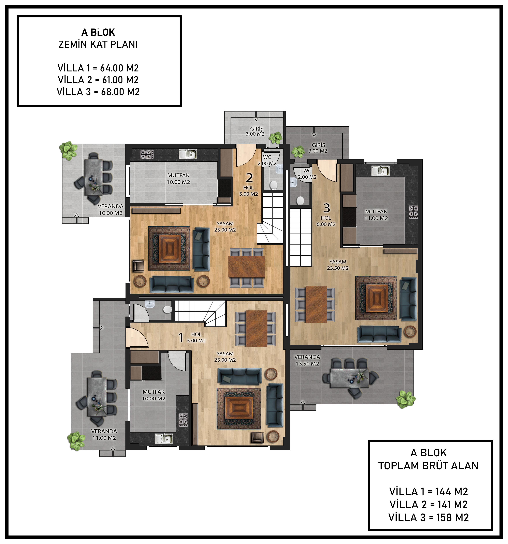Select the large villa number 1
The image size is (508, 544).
click(x=181, y=338)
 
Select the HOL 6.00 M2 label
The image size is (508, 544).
click(x=326, y=221)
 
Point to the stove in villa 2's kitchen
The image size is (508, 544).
click(x=147, y=154)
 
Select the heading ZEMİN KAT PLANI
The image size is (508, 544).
click(x=98, y=44)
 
